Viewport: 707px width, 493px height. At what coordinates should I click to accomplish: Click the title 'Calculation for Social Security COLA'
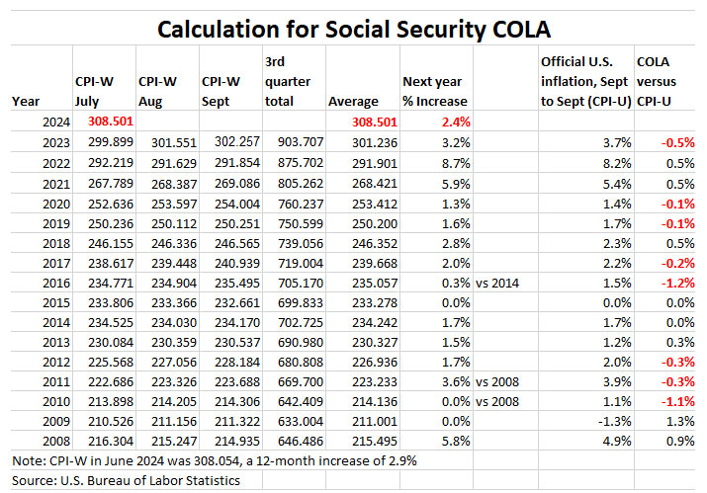point(353,30)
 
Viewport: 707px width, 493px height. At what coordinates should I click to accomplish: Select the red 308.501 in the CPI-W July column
point(100,123)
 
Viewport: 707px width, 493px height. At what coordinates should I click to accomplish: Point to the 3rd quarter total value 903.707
point(291,141)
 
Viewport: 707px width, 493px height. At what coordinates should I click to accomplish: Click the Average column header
point(353,101)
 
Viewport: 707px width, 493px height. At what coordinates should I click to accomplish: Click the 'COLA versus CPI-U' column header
point(662,82)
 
